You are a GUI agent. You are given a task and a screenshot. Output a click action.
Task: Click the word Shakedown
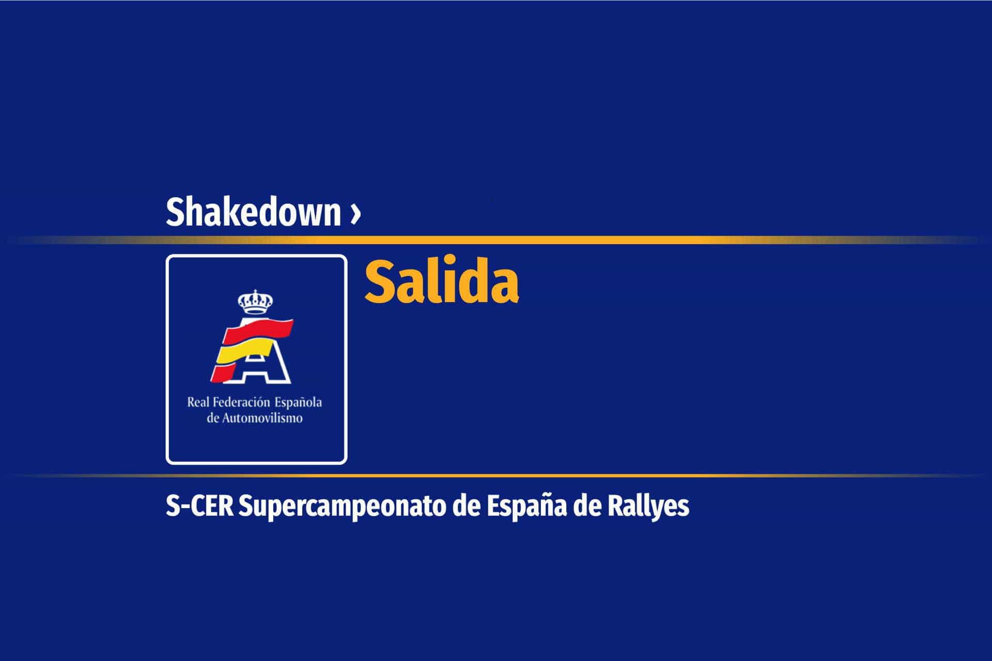(x=253, y=212)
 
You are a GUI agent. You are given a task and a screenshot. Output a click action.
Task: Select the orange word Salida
(x=441, y=282)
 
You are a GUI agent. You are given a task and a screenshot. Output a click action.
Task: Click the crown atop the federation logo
(x=255, y=302)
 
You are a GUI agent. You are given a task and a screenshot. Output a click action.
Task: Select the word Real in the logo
(x=198, y=402)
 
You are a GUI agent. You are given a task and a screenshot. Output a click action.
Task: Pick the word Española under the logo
(x=298, y=402)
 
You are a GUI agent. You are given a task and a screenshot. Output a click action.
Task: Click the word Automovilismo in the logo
(x=262, y=418)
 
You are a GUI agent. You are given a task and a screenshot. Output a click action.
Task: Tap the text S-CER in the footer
(x=199, y=507)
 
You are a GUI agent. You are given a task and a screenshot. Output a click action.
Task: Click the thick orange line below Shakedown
(x=496, y=240)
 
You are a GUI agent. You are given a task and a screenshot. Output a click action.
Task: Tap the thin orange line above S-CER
(x=496, y=475)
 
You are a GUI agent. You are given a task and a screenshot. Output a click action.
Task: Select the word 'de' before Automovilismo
(x=213, y=418)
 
